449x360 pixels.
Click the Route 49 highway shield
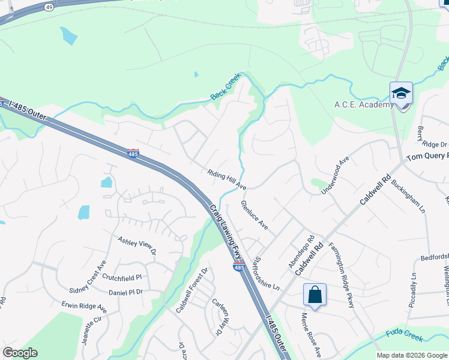[49, 7]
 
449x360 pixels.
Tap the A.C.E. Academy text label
[364, 104]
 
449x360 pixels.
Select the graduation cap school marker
[401, 94]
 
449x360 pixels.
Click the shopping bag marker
[315, 295]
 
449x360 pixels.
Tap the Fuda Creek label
[406, 339]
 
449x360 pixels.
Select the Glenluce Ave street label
[254, 215]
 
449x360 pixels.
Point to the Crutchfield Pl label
[121, 277]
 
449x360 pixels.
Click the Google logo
[20, 353]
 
